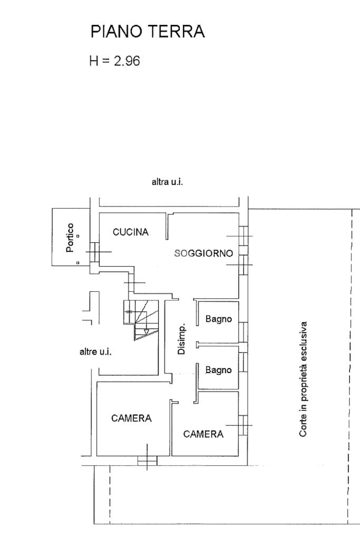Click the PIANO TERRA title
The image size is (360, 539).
[x=148, y=31]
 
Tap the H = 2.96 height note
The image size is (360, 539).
[x=114, y=61]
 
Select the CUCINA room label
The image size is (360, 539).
[x=131, y=232]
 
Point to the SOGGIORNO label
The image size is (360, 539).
[x=203, y=253]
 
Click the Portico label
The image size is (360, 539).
[x=70, y=238]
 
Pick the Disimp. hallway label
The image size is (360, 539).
[x=181, y=339]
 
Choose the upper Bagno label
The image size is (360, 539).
[x=219, y=319]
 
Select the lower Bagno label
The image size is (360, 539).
[x=219, y=370]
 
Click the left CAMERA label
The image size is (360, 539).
[x=131, y=418]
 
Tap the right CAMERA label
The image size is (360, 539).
[x=203, y=434]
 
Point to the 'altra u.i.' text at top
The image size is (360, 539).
[x=167, y=181]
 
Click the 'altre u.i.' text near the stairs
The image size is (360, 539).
[x=95, y=351]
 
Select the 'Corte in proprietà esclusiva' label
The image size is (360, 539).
[x=303, y=379]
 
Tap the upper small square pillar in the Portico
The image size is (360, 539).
[x=78, y=236]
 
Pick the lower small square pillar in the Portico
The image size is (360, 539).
[x=77, y=263]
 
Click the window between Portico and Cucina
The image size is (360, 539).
[x=95, y=252]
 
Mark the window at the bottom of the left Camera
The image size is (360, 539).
[x=147, y=460]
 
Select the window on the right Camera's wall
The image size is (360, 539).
[x=243, y=425]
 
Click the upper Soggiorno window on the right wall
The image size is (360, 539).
[x=243, y=236]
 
